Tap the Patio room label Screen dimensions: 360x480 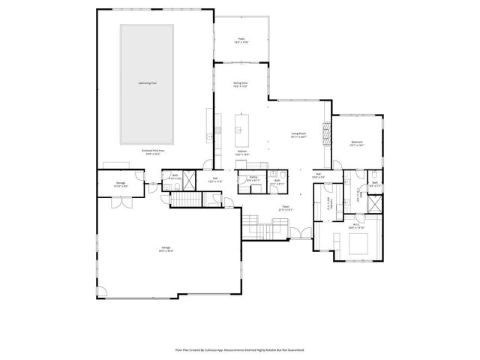[241, 40]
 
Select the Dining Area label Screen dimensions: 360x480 [240, 85]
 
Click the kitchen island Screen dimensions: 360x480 [241, 130]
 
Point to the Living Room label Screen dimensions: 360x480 [299, 136]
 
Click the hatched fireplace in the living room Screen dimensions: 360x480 [325, 133]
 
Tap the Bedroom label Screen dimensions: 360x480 [356, 143]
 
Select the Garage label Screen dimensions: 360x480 [166, 249]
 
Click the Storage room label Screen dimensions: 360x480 [121, 183]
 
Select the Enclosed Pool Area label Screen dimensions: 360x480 [153, 151]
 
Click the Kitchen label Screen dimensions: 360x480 [242, 152]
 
